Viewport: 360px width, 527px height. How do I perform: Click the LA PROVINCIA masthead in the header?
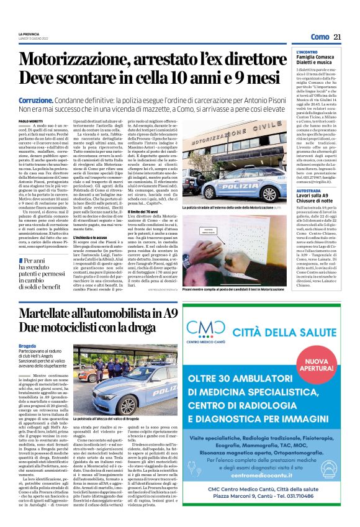tap(29, 34)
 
